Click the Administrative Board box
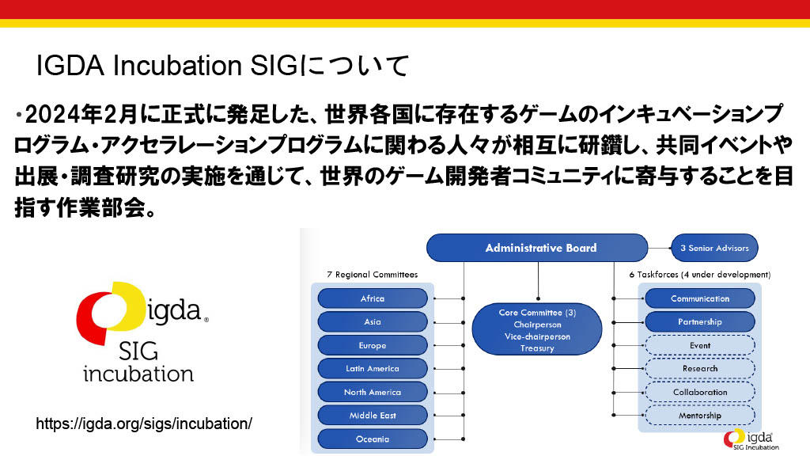[541, 248]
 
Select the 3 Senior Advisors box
[714, 248]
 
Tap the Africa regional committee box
[373, 298]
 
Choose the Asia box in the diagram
[373, 322]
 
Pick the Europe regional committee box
[373, 345]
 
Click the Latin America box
[373, 368]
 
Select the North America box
[373, 392]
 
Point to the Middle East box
[373, 415]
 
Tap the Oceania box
[373, 439]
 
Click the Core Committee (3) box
[537, 330]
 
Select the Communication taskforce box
[700, 298]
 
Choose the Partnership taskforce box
[700, 322]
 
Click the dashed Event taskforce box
[700, 345]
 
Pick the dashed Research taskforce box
[700, 368]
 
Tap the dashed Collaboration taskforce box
[700, 392]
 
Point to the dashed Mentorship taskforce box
[700, 415]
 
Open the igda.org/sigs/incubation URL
[144, 424]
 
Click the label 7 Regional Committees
[372, 275]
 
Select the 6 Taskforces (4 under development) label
[700, 275]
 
